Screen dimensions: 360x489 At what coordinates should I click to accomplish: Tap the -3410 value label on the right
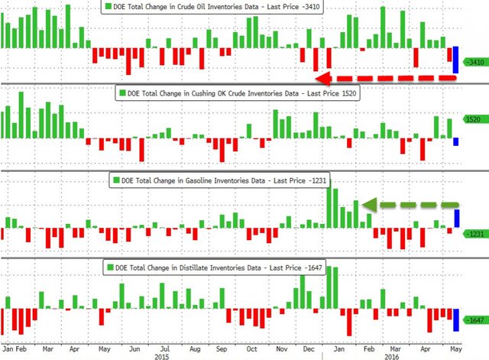click(x=473, y=61)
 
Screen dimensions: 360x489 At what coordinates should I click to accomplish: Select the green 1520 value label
click(x=472, y=120)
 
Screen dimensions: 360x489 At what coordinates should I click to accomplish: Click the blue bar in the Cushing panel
click(x=456, y=141)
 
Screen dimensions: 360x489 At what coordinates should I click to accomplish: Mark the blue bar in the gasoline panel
click(x=456, y=219)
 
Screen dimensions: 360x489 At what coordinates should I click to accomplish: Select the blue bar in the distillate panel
click(x=456, y=319)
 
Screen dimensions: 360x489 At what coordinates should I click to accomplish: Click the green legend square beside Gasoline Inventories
click(x=116, y=181)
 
